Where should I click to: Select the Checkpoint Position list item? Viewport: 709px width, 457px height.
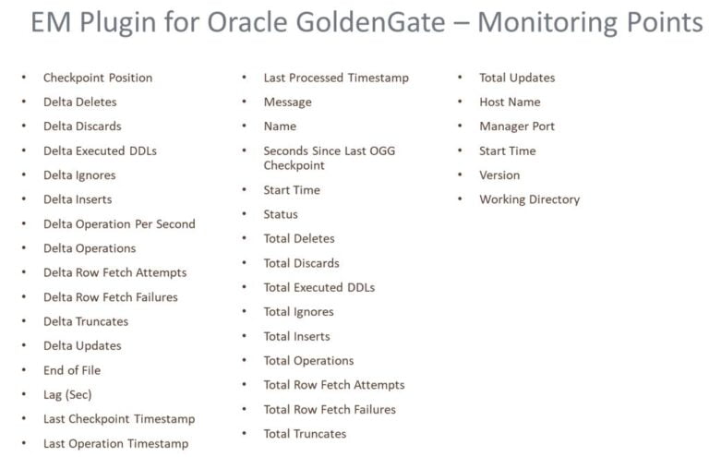[97, 78]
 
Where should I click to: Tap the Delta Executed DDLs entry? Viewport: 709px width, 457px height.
[100, 150]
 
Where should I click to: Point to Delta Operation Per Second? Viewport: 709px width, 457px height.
[119, 223]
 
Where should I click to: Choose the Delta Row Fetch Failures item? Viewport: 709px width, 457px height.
[110, 297]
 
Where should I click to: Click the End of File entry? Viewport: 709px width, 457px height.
[72, 370]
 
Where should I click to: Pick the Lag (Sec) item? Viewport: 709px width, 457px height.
[67, 394]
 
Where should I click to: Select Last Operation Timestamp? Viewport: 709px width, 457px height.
[115, 443]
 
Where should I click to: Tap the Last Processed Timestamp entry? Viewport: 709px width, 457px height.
[336, 78]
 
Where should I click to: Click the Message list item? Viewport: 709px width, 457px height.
[287, 102]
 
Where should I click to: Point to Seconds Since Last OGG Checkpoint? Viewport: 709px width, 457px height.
[329, 158]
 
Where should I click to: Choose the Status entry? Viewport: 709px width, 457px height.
[281, 214]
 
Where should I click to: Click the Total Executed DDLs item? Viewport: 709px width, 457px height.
[319, 287]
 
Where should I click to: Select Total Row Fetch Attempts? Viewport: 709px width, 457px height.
[334, 385]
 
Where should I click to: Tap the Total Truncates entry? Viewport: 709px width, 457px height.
[305, 434]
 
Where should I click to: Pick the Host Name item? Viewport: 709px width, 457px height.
[510, 102]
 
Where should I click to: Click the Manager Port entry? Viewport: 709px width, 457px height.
[517, 126]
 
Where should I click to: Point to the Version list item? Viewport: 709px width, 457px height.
[499, 174]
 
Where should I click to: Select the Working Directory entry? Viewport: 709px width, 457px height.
[529, 199]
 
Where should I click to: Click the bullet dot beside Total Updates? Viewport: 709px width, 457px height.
[459, 78]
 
